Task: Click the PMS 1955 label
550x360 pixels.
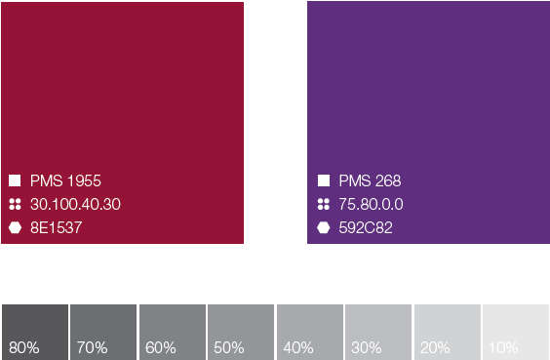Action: pos(65,180)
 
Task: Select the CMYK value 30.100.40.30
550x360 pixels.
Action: pos(75,204)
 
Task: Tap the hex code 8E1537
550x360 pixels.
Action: pos(57,227)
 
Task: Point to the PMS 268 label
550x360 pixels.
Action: pos(370,180)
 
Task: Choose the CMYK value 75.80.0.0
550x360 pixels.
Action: pos(371,204)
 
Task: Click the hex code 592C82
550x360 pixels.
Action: pos(366,227)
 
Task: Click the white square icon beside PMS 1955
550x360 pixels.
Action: pos(15,180)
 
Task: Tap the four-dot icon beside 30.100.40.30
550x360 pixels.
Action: pos(15,204)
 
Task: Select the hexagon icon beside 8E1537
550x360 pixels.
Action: pos(15,227)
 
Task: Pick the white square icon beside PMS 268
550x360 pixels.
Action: pos(324,180)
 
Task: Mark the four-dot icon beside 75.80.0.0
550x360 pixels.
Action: pos(324,204)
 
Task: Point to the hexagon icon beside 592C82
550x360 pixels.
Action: pos(324,227)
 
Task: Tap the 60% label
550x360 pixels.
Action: pos(161,347)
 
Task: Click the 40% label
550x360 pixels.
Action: pos(298,347)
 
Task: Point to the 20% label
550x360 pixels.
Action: pos(435,347)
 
